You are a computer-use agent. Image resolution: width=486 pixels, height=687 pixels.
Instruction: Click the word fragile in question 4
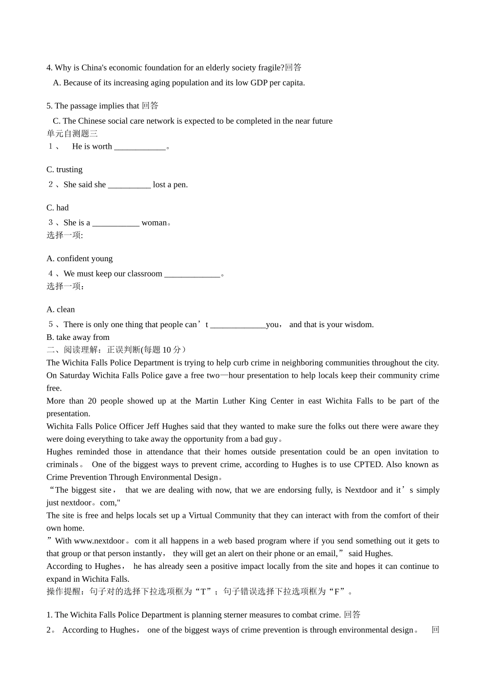(x=271, y=67)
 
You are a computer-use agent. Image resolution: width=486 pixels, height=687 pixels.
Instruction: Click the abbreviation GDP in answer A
(x=259, y=83)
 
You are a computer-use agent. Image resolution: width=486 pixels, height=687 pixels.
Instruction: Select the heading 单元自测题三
(x=72, y=133)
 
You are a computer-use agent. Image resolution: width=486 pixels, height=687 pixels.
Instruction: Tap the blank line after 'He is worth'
(x=140, y=147)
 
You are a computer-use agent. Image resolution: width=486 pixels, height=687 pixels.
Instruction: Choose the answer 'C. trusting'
(x=64, y=169)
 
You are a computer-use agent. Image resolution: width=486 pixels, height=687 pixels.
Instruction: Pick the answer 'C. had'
(x=58, y=208)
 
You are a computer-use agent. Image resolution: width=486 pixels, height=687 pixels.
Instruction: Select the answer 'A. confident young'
(x=80, y=259)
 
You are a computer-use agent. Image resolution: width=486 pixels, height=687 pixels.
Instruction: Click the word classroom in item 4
(x=145, y=273)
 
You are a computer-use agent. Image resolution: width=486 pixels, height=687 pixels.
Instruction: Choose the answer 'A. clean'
(x=61, y=309)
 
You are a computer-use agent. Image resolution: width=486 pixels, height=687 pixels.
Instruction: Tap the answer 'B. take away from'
(x=78, y=337)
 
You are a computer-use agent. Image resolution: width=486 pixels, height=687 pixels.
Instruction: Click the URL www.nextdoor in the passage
(x=99, y=541)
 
